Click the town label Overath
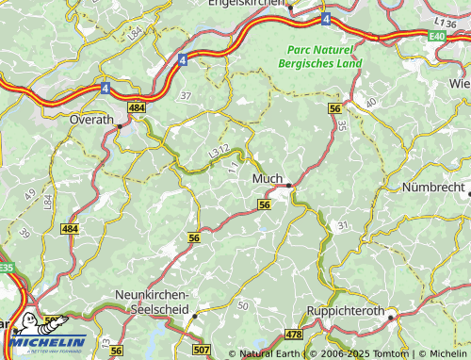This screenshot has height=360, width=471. click(x=91, y=120)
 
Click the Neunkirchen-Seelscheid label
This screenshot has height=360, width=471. click(x=152, y=302)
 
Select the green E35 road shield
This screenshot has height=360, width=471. click(x=7, y=268)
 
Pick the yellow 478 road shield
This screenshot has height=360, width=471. click(x=293, y=335)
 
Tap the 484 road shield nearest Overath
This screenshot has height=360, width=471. click(x=137, y=109)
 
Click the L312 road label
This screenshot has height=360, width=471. click(x=218, y=149)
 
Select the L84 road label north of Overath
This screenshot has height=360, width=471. click(x=135, y=34)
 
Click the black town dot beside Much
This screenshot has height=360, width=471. click(x=288, y=185)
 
